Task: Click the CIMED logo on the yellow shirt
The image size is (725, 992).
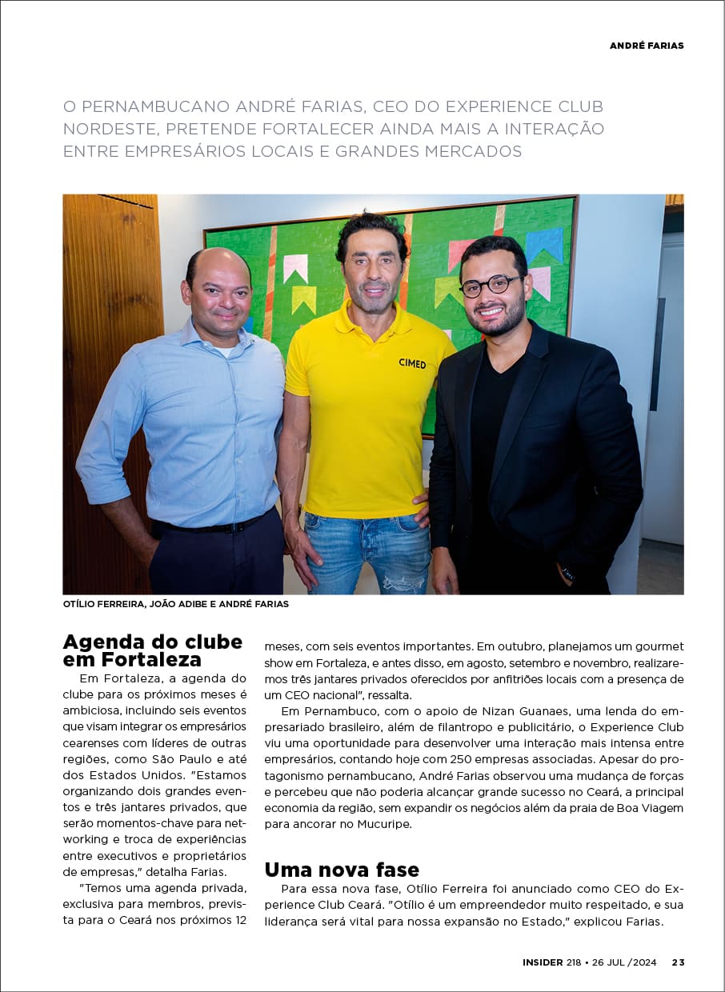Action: [x=412, y=363]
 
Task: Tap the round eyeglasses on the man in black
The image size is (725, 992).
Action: [x=491, y=285]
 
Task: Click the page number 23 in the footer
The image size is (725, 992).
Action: [x=678, y=962]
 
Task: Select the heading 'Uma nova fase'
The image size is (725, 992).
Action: [x=342, y=870]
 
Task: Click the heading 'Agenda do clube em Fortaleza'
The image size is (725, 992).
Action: [x=152, y=650]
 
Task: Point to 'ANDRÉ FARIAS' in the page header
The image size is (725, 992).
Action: [x=647, y=46]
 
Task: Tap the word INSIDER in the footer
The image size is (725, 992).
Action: [x=543, y=962]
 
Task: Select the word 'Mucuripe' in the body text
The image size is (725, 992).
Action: [x=383, y=823]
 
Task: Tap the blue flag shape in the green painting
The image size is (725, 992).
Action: [x=544, y=243]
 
